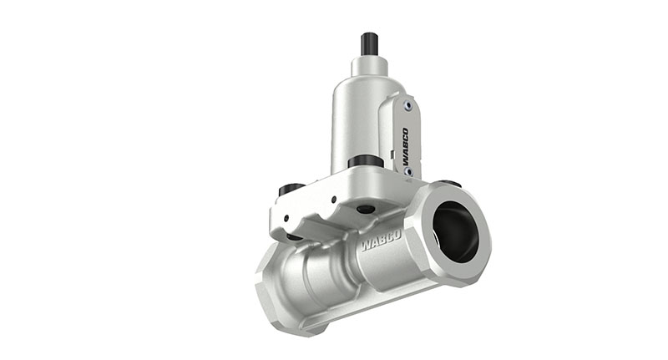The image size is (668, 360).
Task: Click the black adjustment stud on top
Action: coord(368,43)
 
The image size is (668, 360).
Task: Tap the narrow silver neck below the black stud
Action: coord(367,65)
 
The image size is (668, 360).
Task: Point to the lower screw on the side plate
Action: coord(407,171)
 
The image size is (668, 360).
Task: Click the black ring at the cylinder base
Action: coord(365,160)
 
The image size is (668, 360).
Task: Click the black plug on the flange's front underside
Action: coord(365,209)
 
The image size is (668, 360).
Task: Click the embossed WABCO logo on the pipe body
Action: coord(381,242)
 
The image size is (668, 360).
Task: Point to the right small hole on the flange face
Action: coord(333,200)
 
